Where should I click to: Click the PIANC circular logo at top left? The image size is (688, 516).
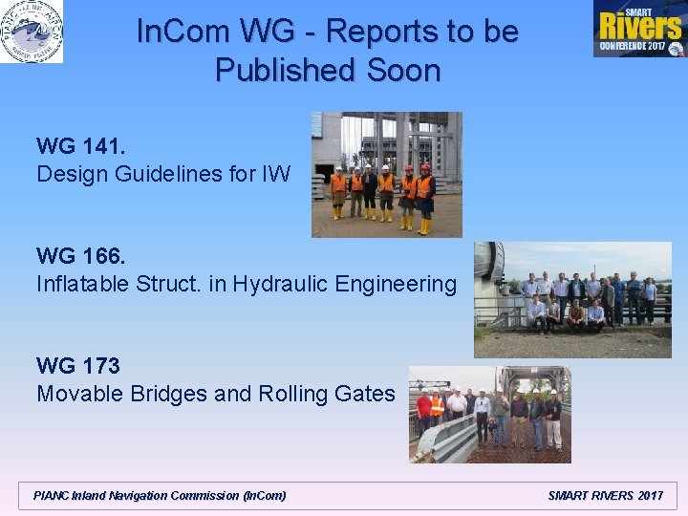[32, 32]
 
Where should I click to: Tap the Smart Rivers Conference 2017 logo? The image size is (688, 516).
[637, 29]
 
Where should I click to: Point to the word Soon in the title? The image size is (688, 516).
[404, 71]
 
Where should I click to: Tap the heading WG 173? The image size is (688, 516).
[78, 366]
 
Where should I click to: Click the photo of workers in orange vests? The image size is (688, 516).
[386, 175]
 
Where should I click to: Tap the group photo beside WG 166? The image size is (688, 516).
[572, 299]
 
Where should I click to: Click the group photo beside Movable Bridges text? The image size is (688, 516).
[489, 414]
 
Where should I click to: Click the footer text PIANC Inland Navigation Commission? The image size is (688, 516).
[160, 495]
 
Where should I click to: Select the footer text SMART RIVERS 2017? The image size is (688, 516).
[605, 495]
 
